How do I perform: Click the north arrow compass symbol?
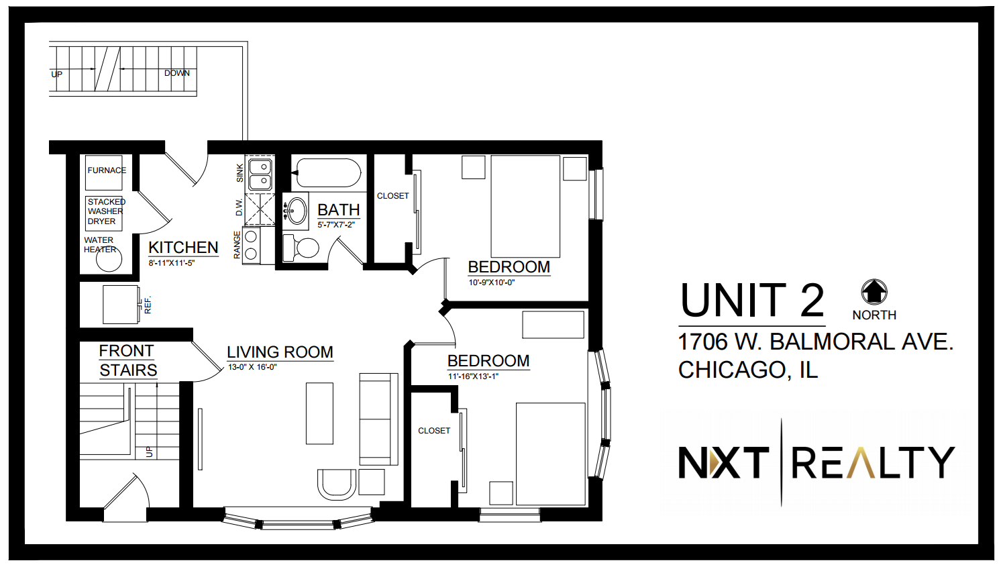[874, 292]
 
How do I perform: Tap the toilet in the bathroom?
[301, 248]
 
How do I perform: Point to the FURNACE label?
[107, 170]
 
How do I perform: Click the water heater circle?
[109, 259]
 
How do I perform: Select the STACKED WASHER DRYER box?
[104, 213]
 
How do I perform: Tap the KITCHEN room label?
[183, 248]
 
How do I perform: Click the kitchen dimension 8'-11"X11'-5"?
[172, 263]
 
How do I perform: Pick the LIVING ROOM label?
[280, 352]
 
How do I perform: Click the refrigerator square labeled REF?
[121, 304]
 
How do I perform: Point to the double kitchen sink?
[260, 174]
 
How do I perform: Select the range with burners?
[252, 246]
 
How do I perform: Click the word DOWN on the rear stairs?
[177, 73]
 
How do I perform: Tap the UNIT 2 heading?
[752, 300]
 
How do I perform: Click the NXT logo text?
[724, 463]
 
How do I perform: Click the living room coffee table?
[319, 413]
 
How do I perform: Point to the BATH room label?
[339, 209]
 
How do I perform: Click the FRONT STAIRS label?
[127, 360]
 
